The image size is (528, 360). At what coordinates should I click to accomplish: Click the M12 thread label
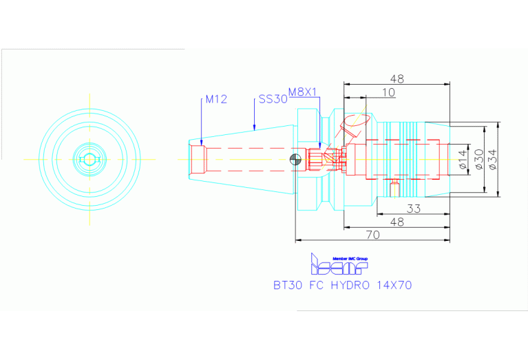(x=216, y=99)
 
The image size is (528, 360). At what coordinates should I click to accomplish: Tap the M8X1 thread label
(x=302, y=92)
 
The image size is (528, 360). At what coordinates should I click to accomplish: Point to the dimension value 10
(x=388, y=92)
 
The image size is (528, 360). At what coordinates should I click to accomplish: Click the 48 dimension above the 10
(x=397, y=78)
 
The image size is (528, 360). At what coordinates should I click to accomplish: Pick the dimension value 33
(x=413, y=209)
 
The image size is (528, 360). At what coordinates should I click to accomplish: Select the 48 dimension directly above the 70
(x=397, y=222)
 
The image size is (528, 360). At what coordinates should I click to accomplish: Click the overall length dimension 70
(x=372, y=235)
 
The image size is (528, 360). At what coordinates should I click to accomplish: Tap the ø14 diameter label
(x=463, y=159)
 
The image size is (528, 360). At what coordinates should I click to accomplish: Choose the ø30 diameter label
(x=478, y=159)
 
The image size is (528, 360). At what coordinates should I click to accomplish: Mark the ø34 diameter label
(x=493, y=159)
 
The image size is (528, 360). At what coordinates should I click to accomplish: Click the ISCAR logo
(x=339, y=266)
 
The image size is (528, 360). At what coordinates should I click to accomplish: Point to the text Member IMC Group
(x=350, y=258)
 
